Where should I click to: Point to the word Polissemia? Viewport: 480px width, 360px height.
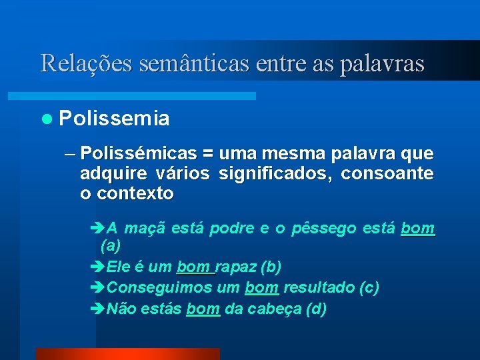click(114, 119)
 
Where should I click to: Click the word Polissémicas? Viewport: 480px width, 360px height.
click(138, 154)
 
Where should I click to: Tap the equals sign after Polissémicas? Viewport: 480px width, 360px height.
click(207, 154)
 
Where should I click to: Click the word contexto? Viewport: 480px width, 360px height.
click(135, 194)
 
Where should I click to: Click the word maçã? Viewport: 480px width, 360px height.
click(145, 229)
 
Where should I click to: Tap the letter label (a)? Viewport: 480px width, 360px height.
click(111, 246)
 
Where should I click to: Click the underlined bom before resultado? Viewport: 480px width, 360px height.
click(261, 288)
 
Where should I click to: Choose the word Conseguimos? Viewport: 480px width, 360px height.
click(159, 288)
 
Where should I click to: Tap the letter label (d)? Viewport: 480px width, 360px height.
click(315, 309)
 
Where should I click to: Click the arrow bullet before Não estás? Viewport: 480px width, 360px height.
click(97, 309)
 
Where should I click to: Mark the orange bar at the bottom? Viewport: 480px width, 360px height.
click(127, 354)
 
